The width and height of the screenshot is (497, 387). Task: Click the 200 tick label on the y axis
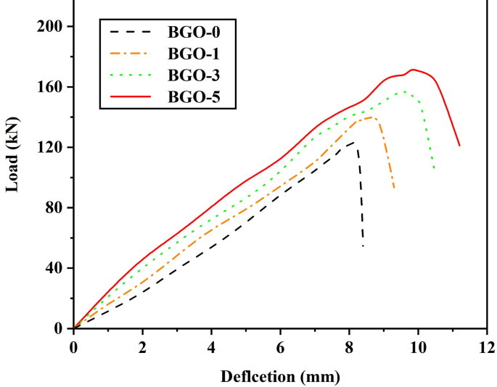coord(50,26)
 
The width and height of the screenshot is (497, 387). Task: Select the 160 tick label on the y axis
coord(50,87)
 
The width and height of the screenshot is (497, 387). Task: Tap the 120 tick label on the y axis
coord(50,147)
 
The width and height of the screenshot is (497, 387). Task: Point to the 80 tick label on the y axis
coord(54,208)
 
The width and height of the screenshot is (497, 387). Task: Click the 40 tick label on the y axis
coord(54,268)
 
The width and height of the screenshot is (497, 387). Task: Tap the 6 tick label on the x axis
coord(280,346)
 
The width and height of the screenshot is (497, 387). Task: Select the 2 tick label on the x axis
coord(143,346)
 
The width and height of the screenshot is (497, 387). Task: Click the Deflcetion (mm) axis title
coord(280,376)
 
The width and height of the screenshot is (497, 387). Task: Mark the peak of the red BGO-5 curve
coord(413,70)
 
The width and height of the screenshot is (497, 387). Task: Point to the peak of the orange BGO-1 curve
coord(372,117)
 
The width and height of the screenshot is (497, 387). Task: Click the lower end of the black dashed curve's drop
coord(363,246)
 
